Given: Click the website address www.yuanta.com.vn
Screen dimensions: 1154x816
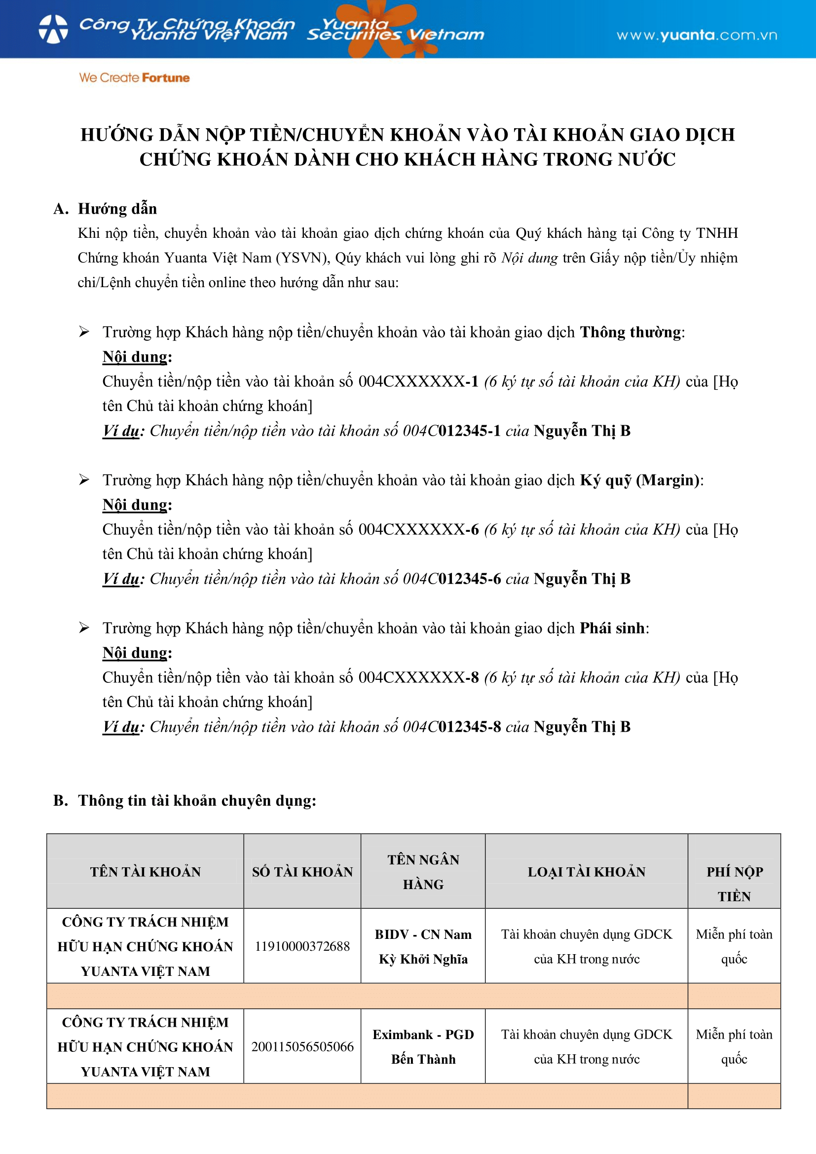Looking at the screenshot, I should pos(697,35).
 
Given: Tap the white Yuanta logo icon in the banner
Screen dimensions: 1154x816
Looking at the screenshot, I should pos(53,29).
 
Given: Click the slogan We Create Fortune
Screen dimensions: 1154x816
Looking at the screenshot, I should pos(134,78).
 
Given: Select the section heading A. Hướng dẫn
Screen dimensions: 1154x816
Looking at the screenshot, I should pos(105,209).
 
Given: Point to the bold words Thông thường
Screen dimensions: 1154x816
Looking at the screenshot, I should pos(631,332).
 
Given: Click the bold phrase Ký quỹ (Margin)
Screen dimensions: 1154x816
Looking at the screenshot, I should pos(640,480).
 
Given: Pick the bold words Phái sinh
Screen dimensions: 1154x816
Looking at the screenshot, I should pos(612,628).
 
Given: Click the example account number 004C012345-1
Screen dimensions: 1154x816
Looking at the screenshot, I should pos(452,431).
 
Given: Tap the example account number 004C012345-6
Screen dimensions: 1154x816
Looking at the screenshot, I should pos(452,579).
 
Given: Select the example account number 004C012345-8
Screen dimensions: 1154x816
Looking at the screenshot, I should pos(452,727).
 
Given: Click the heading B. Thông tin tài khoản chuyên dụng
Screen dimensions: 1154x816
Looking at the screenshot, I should pos(185,801).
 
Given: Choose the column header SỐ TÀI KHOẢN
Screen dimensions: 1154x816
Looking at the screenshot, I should pos(302,872).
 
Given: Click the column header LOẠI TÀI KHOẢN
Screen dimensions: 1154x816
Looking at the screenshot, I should pos(587,872).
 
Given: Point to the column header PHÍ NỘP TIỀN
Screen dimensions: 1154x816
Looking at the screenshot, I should pos(734,884).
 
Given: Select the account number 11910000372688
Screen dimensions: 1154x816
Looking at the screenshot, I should pos(302,946).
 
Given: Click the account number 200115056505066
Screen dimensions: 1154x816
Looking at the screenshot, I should pos(302,1047).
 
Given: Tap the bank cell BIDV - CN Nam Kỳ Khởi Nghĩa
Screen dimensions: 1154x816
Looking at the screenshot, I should pos(423,947).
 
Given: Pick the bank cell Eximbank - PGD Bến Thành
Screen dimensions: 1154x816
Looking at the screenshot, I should pos(423,1047).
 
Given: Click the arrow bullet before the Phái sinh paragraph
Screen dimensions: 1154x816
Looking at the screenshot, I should pos(84,628).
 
